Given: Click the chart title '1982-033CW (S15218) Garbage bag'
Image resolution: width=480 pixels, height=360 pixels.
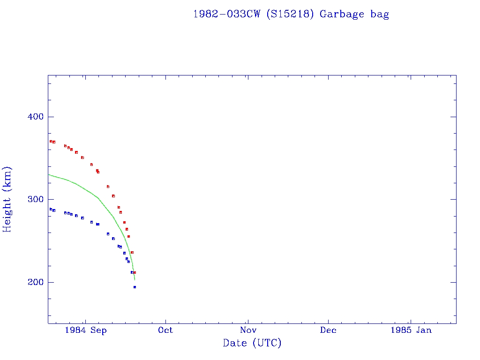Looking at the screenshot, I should (x=291, y=14).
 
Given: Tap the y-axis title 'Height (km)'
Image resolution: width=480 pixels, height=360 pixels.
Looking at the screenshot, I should (x=7, y=199).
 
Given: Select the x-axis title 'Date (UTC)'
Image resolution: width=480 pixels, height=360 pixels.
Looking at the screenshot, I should (x=252, y=343).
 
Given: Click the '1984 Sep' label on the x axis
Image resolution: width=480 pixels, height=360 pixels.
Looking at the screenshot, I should (x=86, y=330).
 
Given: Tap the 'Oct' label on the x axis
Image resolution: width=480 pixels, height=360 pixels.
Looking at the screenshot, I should (x=165, y=330).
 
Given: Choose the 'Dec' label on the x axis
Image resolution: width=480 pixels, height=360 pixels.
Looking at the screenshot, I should (x=328, y=330).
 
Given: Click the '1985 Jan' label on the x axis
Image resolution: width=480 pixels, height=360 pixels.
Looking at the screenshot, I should (x=411, y=330).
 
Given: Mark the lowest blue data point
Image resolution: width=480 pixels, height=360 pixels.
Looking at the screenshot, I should (x=135, y=287).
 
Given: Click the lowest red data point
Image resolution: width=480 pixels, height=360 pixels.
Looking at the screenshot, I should (x=135, y=272).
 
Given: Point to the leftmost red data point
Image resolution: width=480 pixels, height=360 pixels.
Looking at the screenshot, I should (x=51, y=141).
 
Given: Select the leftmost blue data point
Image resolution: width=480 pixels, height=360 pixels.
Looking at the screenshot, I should (x=51, y=209).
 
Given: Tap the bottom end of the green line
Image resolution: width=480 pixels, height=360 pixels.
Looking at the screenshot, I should (x=135, y=280).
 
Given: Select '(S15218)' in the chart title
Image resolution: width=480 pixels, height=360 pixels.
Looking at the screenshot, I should (x=289, y=14).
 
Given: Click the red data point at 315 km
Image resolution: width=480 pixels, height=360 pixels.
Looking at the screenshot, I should (x=108, y=187).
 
